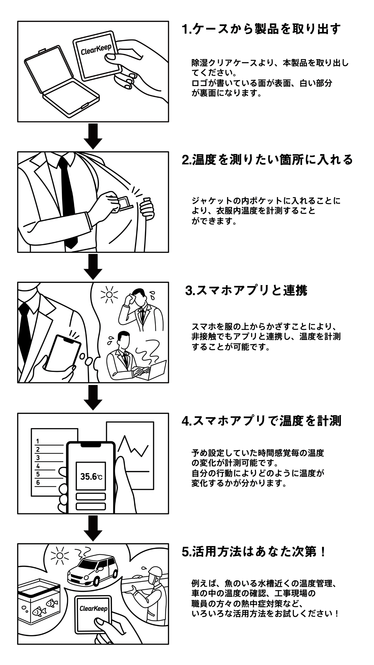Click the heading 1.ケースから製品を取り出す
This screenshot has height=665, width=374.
coord(261,29)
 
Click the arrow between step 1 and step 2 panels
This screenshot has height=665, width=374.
coord(93,136)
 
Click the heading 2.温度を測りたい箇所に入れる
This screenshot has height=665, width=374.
coord(267,160)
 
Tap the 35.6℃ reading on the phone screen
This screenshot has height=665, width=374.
coord(91,477)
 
